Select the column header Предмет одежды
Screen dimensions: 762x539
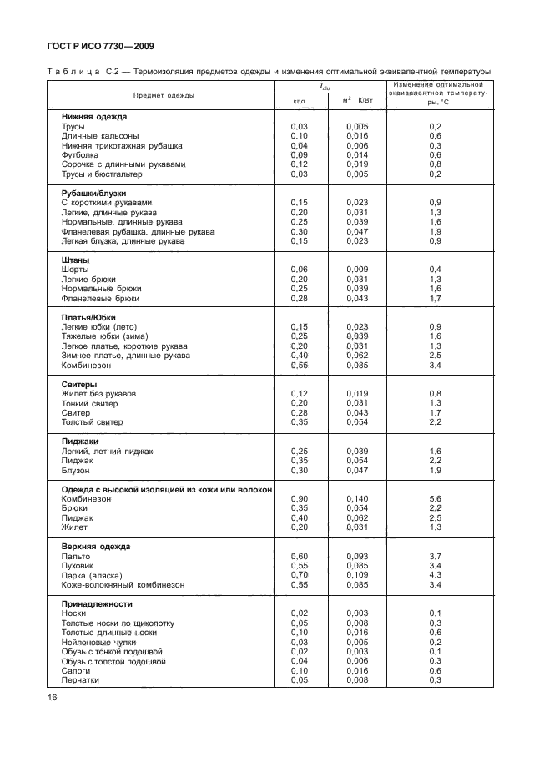(x=163, y=94)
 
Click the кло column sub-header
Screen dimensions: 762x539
(x=300, y=101)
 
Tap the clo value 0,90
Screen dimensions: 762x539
(x=300, y=498)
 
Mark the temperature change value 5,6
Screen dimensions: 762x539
(x=435, y=498)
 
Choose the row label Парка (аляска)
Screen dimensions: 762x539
(x=92, y=576)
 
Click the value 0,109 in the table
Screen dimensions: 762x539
(x=356, y=576)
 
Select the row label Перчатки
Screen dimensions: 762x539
(x=80, y=680)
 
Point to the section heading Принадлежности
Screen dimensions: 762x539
(x=98, y=603)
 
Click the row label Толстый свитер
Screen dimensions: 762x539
(x=92, y=422)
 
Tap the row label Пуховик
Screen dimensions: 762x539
(x=78, y=566)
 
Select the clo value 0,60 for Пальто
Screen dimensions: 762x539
(x=300, y=556)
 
